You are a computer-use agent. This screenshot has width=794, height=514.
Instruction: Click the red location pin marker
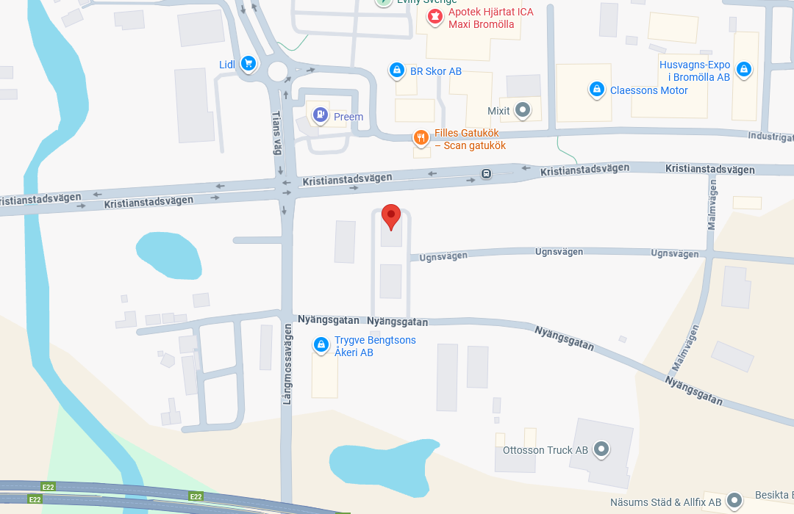(391, 216)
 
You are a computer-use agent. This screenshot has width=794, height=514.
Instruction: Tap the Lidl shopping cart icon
(248, 64)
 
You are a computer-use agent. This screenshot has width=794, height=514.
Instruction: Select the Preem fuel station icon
(320, 115)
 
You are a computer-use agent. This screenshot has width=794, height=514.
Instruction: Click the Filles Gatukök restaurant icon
(421, 137)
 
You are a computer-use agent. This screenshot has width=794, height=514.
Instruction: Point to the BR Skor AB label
(435, 71)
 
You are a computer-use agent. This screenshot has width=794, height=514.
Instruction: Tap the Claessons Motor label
(648, 90)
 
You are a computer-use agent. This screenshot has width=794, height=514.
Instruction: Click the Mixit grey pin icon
(523, 111)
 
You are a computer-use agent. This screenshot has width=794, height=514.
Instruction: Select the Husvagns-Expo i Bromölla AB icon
(744, 70)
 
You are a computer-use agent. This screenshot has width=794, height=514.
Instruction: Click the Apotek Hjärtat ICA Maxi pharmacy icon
(435, 16)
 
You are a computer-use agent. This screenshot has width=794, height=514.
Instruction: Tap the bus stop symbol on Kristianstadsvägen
(486, 174)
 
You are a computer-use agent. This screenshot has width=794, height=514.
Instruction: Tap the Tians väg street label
(277, 133)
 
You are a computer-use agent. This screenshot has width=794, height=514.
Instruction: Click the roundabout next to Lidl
(278, 70)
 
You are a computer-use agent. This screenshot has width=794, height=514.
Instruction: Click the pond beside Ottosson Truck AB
(382, 468)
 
